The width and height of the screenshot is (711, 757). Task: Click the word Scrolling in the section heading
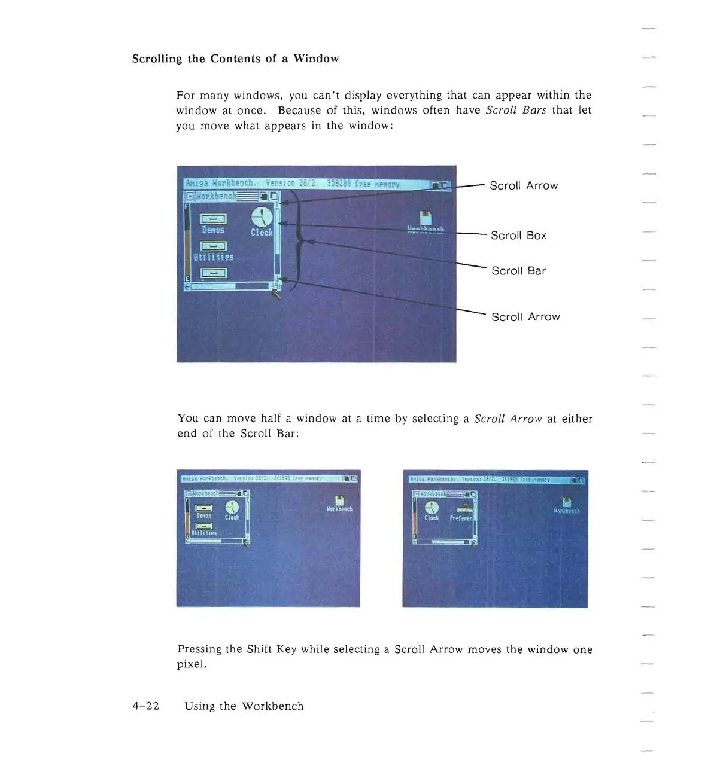tap(157, 59)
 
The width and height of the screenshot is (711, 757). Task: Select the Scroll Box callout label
tap(518, 236)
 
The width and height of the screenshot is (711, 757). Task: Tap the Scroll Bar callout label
tap(518, 271)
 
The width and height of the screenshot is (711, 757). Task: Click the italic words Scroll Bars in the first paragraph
tap(516, 110)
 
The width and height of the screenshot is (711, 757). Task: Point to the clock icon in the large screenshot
tap(262, 217)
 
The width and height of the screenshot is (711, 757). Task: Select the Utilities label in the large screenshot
tap(213, 257)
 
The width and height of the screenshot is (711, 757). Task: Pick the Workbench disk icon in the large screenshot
tap(425, 218)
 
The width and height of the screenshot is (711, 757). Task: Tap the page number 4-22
tap(146, 706)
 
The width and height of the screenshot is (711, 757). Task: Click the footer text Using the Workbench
tap(244, 706)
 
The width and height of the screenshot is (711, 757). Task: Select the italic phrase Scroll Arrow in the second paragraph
tap(508, 419)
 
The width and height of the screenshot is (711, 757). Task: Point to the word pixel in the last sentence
tap(190, 664)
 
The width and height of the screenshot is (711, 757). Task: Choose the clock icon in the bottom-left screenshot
tap(232, 508)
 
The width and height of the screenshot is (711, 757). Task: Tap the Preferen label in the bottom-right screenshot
tap(461, 518)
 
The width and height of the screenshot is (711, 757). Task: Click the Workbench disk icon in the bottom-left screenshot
tap(339, 500)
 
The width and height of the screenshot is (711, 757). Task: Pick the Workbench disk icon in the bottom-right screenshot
tap(567, 502)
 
